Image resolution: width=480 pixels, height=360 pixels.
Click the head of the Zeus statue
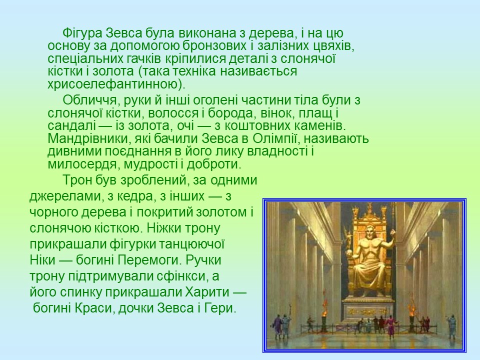(x=370, y=232)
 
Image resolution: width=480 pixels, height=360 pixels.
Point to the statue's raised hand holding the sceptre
(x=392, y=232)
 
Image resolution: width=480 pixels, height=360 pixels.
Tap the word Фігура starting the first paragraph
(x=82, y=33)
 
